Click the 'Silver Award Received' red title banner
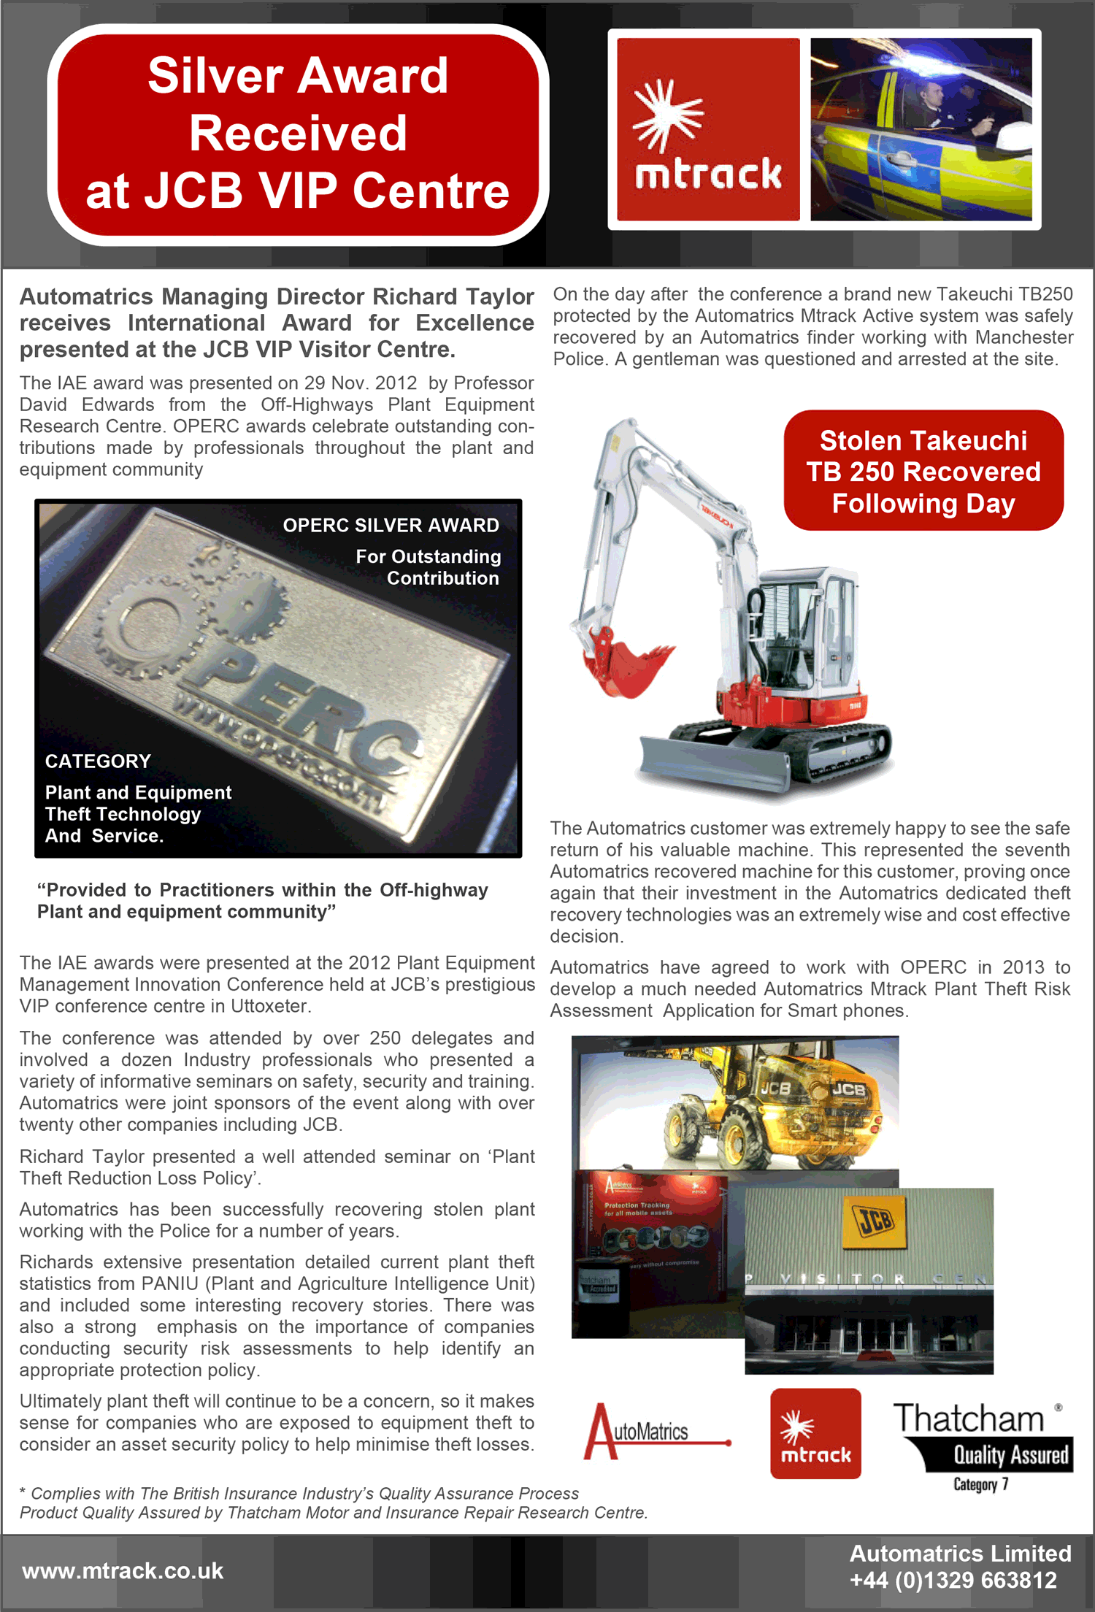tap(298, 134)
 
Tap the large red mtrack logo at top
tap(708, 129)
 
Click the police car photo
tap(921, 129)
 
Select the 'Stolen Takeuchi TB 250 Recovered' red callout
tap(923, 471)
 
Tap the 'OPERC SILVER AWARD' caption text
tap(391, 526)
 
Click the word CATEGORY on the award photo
tap(98, 761)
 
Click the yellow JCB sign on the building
tap(875, 1221)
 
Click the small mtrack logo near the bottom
tap(815, 1434)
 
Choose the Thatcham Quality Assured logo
tap(982, 1435)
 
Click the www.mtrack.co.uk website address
tap(123, 1571)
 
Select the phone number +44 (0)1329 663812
tap(953, 1581)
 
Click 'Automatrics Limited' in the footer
tap(960, 1554)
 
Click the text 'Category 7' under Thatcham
tap(980, 1485)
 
